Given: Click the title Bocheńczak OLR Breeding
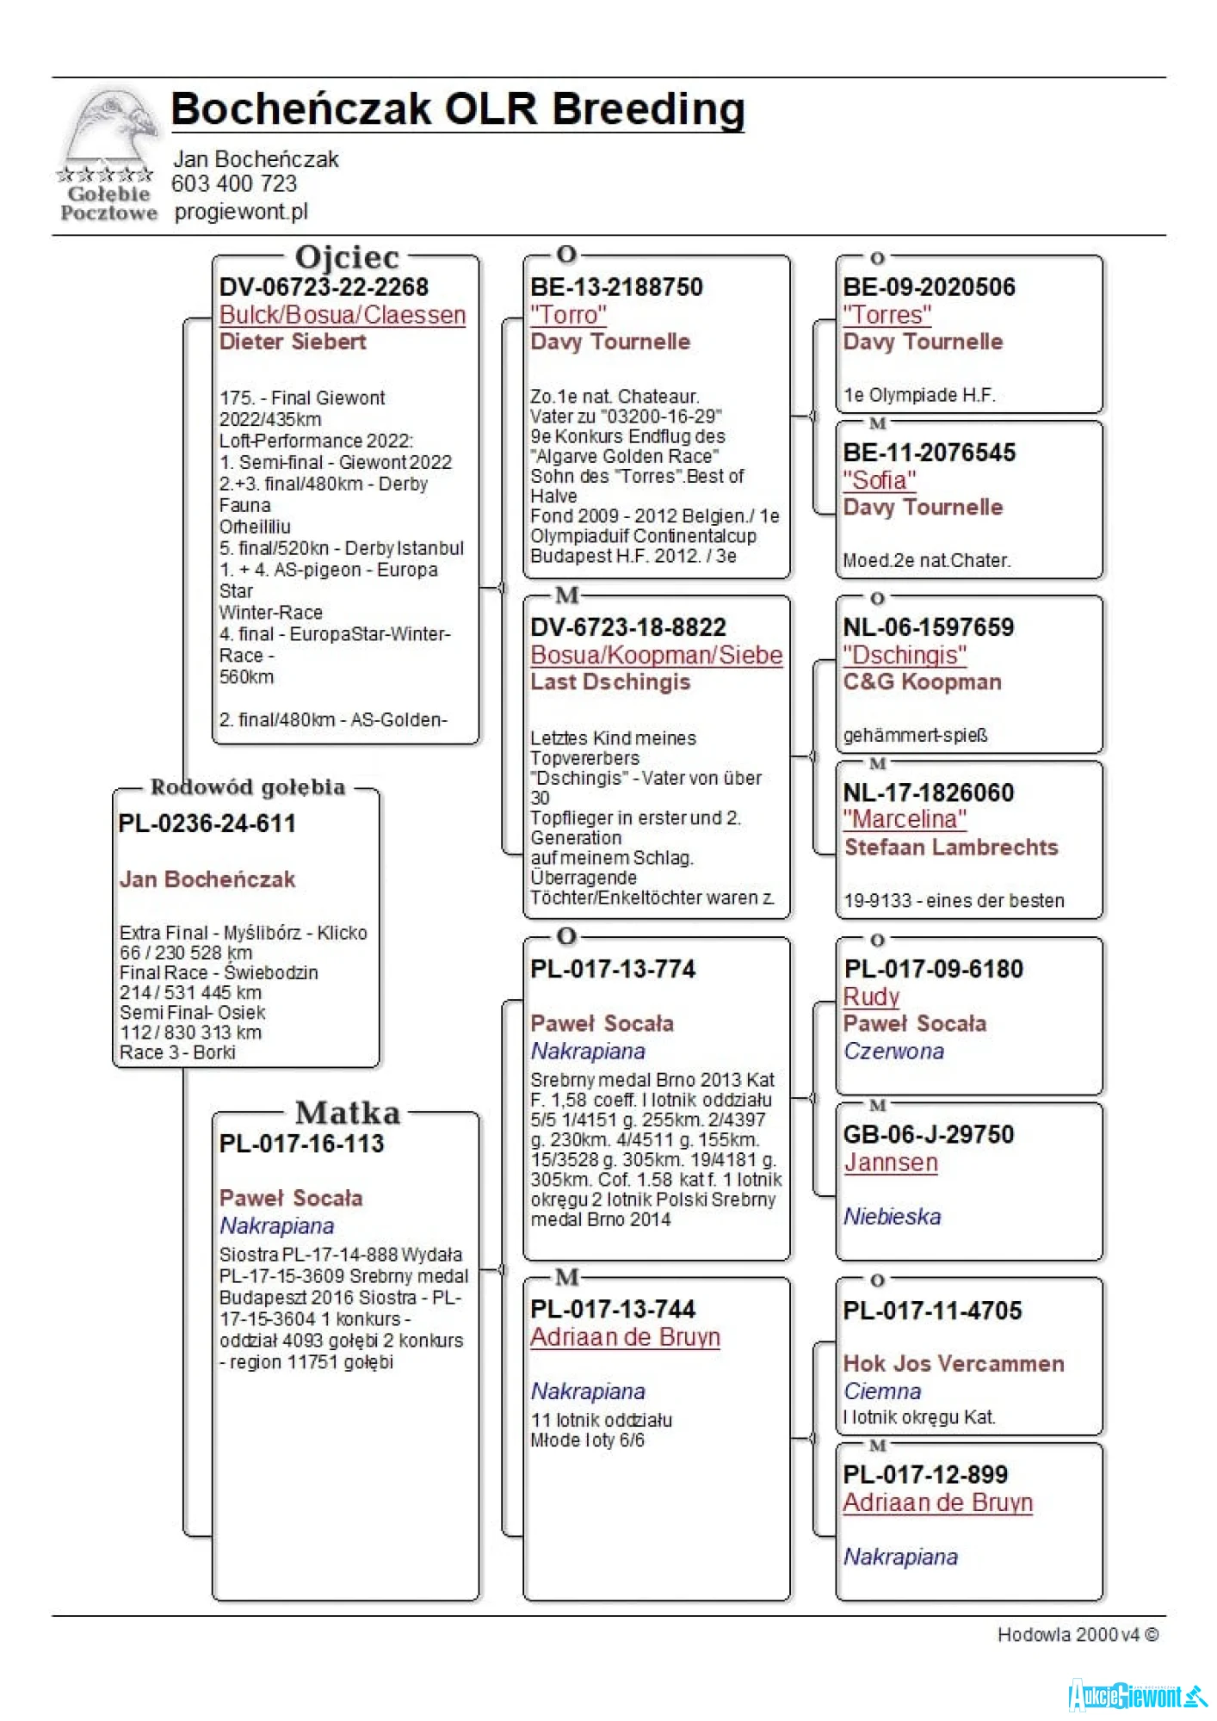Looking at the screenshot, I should pyautogui.click(x=457, y=110).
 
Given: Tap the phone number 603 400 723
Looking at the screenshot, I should pyautogui.click(x=234, y=184).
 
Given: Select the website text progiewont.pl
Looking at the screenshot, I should pyautogui.click(x=241, y=212).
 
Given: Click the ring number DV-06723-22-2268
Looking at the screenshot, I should pyautogui.click(x=324, y=287).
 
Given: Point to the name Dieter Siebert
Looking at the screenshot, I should pyautogui.click(x=293, y=342).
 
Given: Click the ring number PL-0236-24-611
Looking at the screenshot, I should pyautogui.click(x=207, y=823).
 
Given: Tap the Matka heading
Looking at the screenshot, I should pyautogui.click(x=348, y=1113).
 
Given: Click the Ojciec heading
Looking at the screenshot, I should pyautogui.click(x=347, y=257).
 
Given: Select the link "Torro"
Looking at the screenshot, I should pyautogui.click(x=568, y=315).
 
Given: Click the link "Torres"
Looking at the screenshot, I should pyautogui.click(x=886, y=315).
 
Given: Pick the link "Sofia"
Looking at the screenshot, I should pyautogui.click(x=879, y=480).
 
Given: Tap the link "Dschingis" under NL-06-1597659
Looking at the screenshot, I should pyautogui.click(x=904, y=655).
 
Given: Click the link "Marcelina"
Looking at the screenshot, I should pyautogui.click(x=904, y=819).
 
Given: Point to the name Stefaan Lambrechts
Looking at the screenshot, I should pyautogui.click(x=951, y=848).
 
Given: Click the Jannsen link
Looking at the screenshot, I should pyautogui.click(x=890, y=1163).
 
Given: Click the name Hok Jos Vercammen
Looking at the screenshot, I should pyautogui.click(x=954, y=1363).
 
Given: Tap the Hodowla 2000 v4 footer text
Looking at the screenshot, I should pyautogui.click(x=1077, y=1635).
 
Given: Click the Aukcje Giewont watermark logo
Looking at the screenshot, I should pyautogui.click(x=1136, y=1695).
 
